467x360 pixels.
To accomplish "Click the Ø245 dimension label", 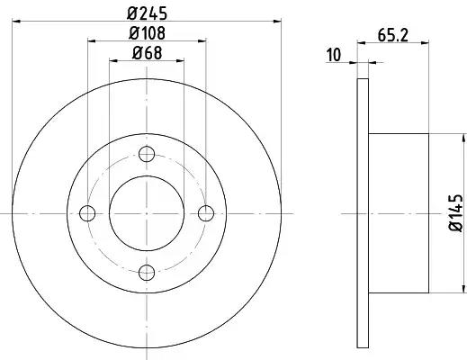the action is tap(147, 13).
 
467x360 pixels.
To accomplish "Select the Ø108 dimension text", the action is tap(147, 33).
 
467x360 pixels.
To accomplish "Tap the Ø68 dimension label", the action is tap(147, 53).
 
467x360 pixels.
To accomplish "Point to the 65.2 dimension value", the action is tap(393, 35).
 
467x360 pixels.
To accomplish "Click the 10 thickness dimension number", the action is tap(334, 55).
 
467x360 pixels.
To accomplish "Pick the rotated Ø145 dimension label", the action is tap(455, 212).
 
